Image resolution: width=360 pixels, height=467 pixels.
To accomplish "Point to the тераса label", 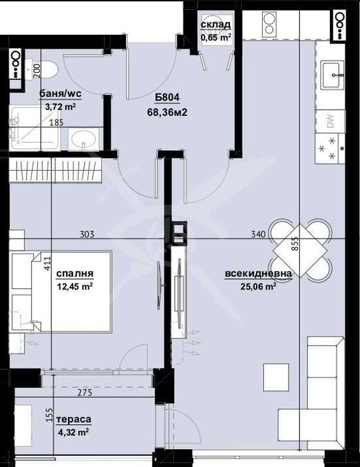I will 74,419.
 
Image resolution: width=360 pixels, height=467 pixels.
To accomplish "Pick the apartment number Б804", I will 167,97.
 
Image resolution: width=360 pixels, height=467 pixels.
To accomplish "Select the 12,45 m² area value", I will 74,287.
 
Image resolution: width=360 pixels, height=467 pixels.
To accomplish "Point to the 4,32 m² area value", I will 74,432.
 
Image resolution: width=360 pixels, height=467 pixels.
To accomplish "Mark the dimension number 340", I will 259,234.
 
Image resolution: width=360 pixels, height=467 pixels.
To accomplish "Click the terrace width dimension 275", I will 85,393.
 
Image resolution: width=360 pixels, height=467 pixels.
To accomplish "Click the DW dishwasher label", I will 330,121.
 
